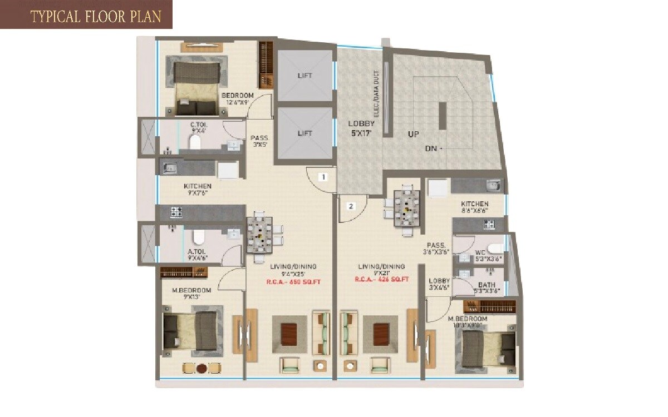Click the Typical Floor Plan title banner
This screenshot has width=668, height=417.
tap(86, 15)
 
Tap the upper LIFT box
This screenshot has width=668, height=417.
tap(304, 76)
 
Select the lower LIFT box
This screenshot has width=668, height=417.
tap(304, 133)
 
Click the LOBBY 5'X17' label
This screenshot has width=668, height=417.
tap(361, 128)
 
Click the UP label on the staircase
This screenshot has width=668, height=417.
tap(413, 134)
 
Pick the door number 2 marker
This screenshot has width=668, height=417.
tap(351, 206)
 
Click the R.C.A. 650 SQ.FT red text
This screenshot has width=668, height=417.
tap(294, 282)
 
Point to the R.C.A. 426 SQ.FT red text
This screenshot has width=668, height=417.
tap(382, 279)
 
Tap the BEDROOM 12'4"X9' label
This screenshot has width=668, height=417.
tap(237, 98)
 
